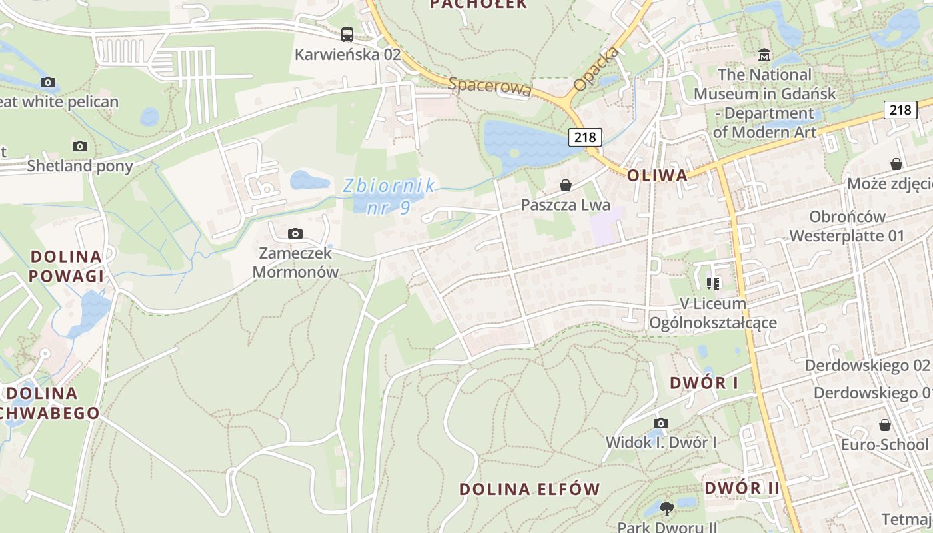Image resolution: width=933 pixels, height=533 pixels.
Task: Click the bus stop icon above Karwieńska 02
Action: (x=347, y=35)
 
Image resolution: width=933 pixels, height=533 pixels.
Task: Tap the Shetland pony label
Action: (x=80, y=166)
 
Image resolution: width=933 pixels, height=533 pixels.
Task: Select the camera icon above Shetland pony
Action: (x=80, y=146)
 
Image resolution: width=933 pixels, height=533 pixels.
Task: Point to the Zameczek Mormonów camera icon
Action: (x=295, y=233)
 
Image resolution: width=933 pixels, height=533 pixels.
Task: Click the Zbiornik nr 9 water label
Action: (x=389, y=196)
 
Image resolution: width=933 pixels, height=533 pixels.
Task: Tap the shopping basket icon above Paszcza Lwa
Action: (x=566, y=185)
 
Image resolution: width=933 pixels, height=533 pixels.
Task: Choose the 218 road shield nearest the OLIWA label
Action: (x=585, y=137)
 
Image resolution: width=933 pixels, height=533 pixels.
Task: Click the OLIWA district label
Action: (x=657, y=175)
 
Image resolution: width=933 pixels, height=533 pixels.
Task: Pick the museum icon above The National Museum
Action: (x=764, y=55)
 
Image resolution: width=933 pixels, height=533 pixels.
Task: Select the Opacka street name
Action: (x=596, y=69)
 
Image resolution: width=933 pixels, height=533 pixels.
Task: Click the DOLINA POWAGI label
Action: (x=67, y=266)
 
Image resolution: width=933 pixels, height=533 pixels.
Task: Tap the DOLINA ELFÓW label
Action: (x=530, y=489)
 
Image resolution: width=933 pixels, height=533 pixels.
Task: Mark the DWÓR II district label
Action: (x=742, y=488)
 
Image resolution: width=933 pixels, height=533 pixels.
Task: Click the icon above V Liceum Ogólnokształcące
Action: (x=713, y=284)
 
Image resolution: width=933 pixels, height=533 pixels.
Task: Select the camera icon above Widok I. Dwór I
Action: (x=660, y=423)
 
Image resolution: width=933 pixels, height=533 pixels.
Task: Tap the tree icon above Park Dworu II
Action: (x=666, y=509)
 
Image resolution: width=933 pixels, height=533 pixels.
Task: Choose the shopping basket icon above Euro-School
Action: (x=884, y=425)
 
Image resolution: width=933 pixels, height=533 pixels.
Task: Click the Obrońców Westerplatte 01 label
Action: (x=847, y=226)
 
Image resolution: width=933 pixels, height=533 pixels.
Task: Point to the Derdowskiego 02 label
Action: (x=866, y=365)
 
